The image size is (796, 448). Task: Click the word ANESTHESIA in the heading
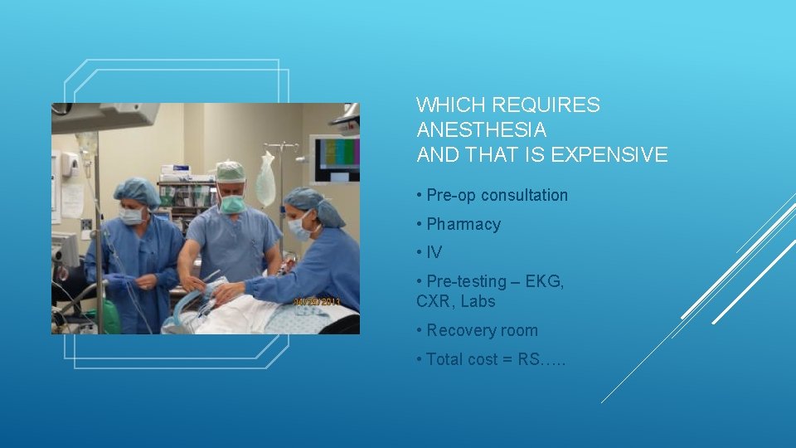pyautogui.click(x=481, y=130)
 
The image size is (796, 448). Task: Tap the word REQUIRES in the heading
pyautogui.click(x=546, y=105)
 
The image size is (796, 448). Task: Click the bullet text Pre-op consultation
pyautogui.click(x=497, y=195)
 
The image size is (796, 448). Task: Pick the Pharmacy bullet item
pyautogui.click(x=464, y=224)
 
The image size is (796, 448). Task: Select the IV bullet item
pyautogui.click(x=434, y=252)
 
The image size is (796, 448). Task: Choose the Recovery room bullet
pyautogui.click(x=482, y=330)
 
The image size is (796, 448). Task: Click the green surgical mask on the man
pyautogui.click(x=231, y=202)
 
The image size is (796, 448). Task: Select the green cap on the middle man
pyautogui.click(x=231, y=171)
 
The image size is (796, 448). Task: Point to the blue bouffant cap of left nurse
pyautogui.click(x=137, y=192)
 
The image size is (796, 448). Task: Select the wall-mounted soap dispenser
pyautogui.click(x=70, y=164)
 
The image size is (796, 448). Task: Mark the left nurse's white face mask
pyautogui.click(x=131, y=216)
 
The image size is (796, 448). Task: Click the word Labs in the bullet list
pyautogui.click(x=478, y=301)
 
